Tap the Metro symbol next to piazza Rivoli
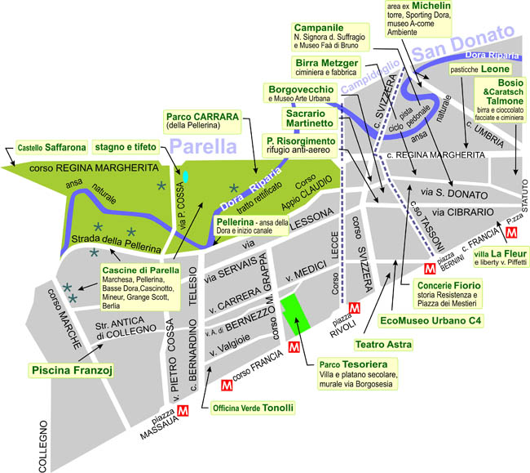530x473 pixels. pos(354,308)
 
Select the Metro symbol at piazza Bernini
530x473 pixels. pos(430,268)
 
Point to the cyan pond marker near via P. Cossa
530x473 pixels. pos(186,176)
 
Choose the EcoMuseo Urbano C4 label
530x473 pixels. pos(431,321)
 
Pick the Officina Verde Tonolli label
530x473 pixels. pos(253,407)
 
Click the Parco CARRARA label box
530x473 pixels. pos(202,121)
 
